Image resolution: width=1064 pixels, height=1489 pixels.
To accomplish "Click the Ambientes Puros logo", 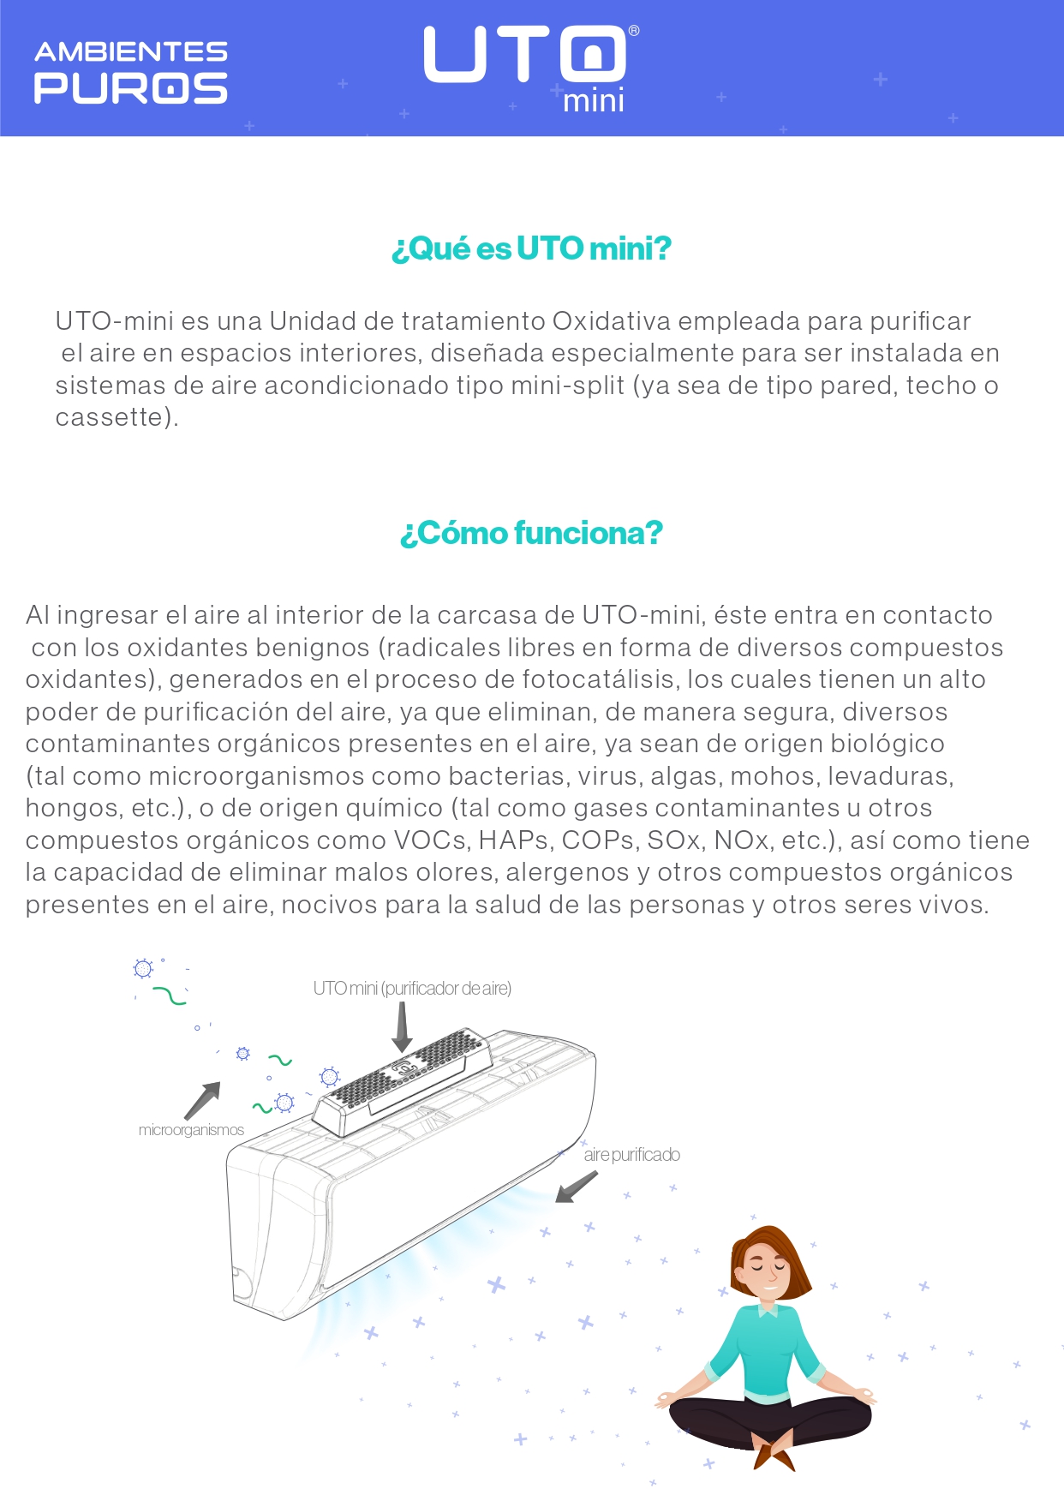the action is click(131, 73).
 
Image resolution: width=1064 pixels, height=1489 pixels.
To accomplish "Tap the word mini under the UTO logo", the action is click(594, 101).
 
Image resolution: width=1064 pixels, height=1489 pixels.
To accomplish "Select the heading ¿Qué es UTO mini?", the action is click(531, 248).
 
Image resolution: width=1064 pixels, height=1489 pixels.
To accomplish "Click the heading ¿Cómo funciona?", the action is click(531, 533).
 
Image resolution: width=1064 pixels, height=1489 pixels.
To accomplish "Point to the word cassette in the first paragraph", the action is click(111, 417).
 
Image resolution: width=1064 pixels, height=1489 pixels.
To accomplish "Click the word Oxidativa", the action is click(611, 320).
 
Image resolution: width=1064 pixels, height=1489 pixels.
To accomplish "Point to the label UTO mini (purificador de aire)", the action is click(412, 989).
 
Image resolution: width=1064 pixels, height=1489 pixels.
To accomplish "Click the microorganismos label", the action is click(191, 1130).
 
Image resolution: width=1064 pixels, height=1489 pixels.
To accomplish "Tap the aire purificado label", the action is click(632, 1155).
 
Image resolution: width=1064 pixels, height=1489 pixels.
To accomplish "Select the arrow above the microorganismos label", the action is click(203, 1100).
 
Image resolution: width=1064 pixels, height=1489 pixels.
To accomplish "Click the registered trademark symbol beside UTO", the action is click(634, 31).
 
